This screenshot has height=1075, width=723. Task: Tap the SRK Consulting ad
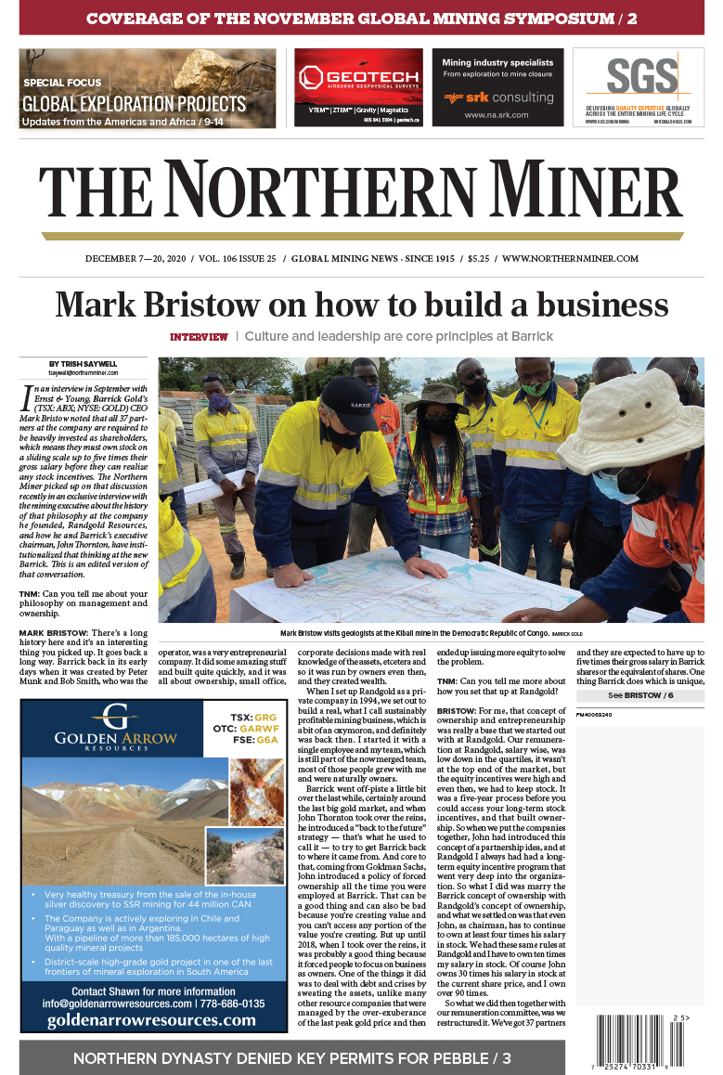497,87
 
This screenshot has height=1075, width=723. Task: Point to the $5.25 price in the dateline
479,258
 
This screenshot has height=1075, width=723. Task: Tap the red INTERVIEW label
199,336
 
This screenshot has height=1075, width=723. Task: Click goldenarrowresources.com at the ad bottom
151,1019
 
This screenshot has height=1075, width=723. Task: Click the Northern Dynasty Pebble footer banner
291,1057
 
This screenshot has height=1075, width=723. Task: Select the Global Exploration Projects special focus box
148,88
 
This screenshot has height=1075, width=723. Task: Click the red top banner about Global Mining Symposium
361,18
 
